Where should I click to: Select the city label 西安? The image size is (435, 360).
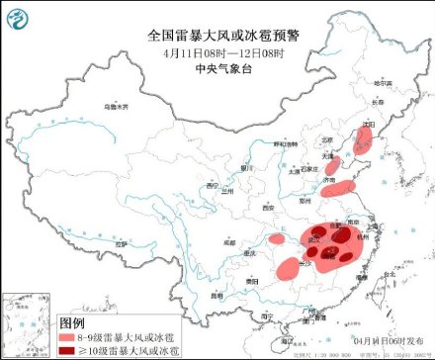[266, 209]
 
